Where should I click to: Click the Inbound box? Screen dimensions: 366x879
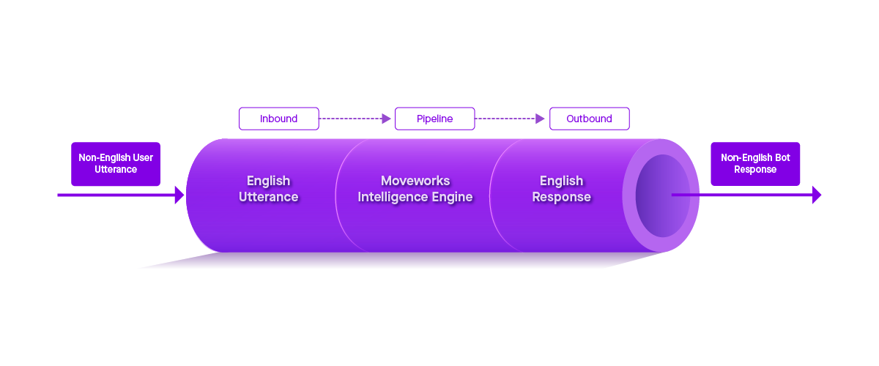tap(279, 119)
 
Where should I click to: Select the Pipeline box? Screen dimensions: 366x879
tap(434, 119)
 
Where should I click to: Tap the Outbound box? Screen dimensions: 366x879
tap(589, 119)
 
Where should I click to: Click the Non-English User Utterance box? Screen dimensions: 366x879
tap(116, 163)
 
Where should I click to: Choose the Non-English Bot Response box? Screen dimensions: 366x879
tap(755, 163)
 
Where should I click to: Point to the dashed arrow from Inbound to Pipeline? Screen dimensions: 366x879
tap(356, 119)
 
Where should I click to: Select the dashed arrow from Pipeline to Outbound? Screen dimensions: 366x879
tap(511, 119)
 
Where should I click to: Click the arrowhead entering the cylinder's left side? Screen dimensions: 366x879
tap(179, 195)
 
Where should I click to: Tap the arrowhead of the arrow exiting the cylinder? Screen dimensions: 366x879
tap(816, 195)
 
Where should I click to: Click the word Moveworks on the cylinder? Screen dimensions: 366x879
tap(415, 181)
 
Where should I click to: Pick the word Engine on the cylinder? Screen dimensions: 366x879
tap(453, 197)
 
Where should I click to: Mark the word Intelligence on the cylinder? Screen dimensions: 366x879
tap(393, 197)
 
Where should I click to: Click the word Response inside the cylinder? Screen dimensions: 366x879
tap(561, 197)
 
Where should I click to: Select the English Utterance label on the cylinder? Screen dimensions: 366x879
tap(268, 189)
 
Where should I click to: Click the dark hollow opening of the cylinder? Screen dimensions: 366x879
tap(661, 195)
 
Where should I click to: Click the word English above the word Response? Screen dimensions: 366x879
tap(561, 181)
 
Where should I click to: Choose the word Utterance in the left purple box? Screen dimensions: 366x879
tap(116, 170)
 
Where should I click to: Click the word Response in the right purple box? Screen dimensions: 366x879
tap(755, 170)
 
